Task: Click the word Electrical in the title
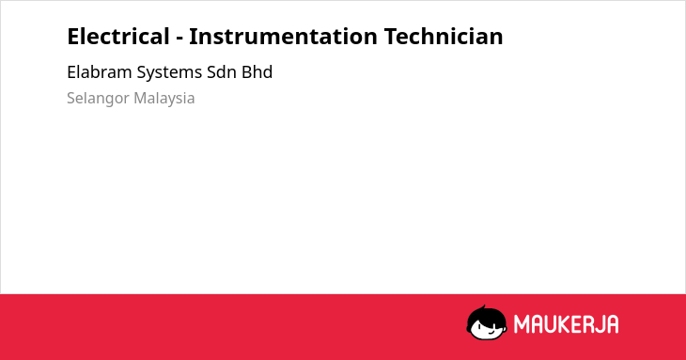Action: click(118, 36)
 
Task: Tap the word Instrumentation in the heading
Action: click(283, 37)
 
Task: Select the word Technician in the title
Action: click(444, 36)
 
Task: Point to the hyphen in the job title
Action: click(179, 39)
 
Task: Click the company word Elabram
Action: click(100, 71)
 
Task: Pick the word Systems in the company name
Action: click(169, 72)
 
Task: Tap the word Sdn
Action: click(222, 71)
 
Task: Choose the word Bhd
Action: click(257, 71)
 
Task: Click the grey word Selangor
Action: click(98, 99)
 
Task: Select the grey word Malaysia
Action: click(164, 99)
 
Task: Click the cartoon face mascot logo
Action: click(487, 322)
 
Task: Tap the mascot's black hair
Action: click(486, 315)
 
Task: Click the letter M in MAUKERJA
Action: click(521, 324)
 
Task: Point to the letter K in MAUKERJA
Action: click(565, 324)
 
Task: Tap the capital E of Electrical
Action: click(73, 37)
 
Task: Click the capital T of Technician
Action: click(391, 37)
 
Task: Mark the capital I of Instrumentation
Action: click(192, 37)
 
